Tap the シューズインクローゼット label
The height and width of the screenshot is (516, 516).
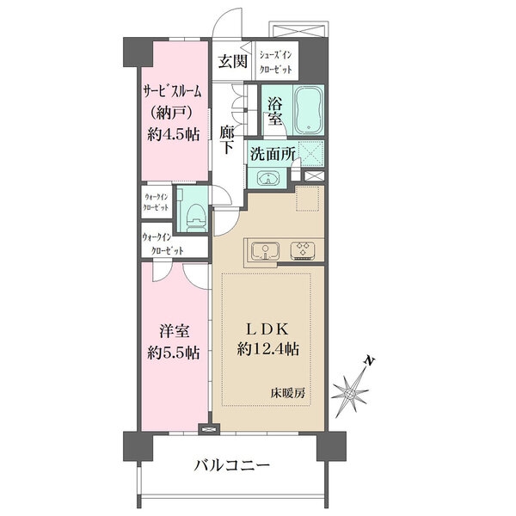275,60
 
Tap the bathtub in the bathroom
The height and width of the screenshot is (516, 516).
306,108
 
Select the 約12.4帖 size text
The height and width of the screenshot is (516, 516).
269,350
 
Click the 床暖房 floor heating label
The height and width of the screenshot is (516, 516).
287,392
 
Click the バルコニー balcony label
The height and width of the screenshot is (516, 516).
231,466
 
